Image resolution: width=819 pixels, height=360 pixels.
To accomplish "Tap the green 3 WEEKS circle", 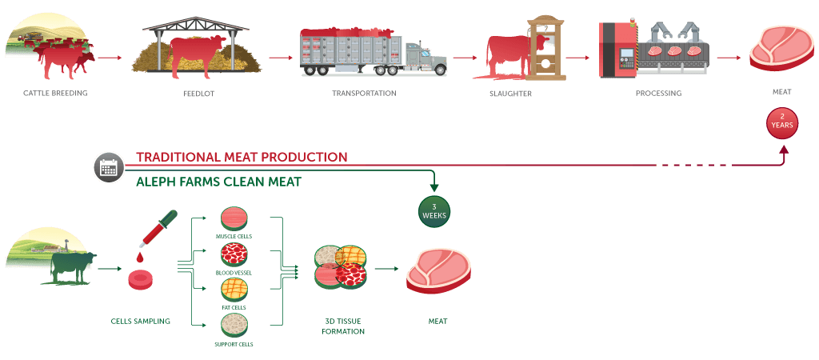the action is tap(434, 212).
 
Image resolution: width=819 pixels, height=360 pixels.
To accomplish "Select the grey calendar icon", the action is tap(108, 168).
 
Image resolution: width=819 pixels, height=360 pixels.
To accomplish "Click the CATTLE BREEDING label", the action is tap(55, 94).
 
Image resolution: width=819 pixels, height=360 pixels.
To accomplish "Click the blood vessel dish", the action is tap(234, 256).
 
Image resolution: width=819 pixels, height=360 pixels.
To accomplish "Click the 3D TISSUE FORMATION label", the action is tap(344, 326).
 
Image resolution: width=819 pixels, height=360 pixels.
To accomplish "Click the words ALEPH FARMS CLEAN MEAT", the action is tap(218, 182).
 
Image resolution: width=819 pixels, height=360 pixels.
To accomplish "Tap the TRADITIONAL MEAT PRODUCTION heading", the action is tap(242, 157).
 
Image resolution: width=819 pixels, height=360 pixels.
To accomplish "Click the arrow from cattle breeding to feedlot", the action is tap(109, 58).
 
